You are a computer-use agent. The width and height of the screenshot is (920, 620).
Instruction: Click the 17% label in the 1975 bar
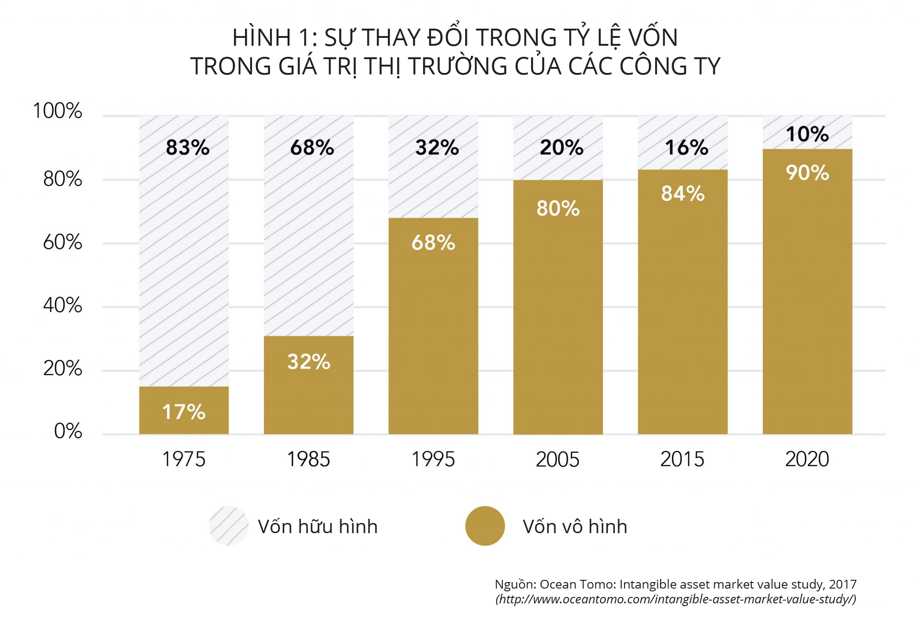[184, 412]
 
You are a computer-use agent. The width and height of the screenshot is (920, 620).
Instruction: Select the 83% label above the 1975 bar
[188, 148]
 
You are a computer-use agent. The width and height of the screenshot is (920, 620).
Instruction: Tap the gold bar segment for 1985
[309, 397]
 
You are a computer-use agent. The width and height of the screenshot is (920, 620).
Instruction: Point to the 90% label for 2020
[807, 173]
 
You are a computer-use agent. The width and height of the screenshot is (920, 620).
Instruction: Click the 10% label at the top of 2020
[807, 134]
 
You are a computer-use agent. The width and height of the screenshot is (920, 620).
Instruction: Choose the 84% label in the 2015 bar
[683, 194]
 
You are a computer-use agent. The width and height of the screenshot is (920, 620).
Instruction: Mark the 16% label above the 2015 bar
[687, 148]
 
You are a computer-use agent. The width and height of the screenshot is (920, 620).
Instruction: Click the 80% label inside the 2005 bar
[558, 208]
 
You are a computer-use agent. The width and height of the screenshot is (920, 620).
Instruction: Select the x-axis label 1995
[433, 459]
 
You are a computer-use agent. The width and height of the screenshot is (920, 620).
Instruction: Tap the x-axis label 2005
[558, 459]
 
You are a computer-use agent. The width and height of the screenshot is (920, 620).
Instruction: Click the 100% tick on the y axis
[58, 111]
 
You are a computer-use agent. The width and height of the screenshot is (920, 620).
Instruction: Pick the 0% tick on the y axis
[68, 431]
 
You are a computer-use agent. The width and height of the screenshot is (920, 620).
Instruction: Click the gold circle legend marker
[485, 526]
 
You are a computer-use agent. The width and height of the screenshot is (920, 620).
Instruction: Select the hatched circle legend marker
[229, 526]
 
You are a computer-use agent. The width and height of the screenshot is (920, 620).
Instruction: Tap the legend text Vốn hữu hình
[318, 527]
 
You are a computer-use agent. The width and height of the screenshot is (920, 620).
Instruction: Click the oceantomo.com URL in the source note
[676, 600]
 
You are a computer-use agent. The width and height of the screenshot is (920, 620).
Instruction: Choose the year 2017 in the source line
[842, 584]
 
